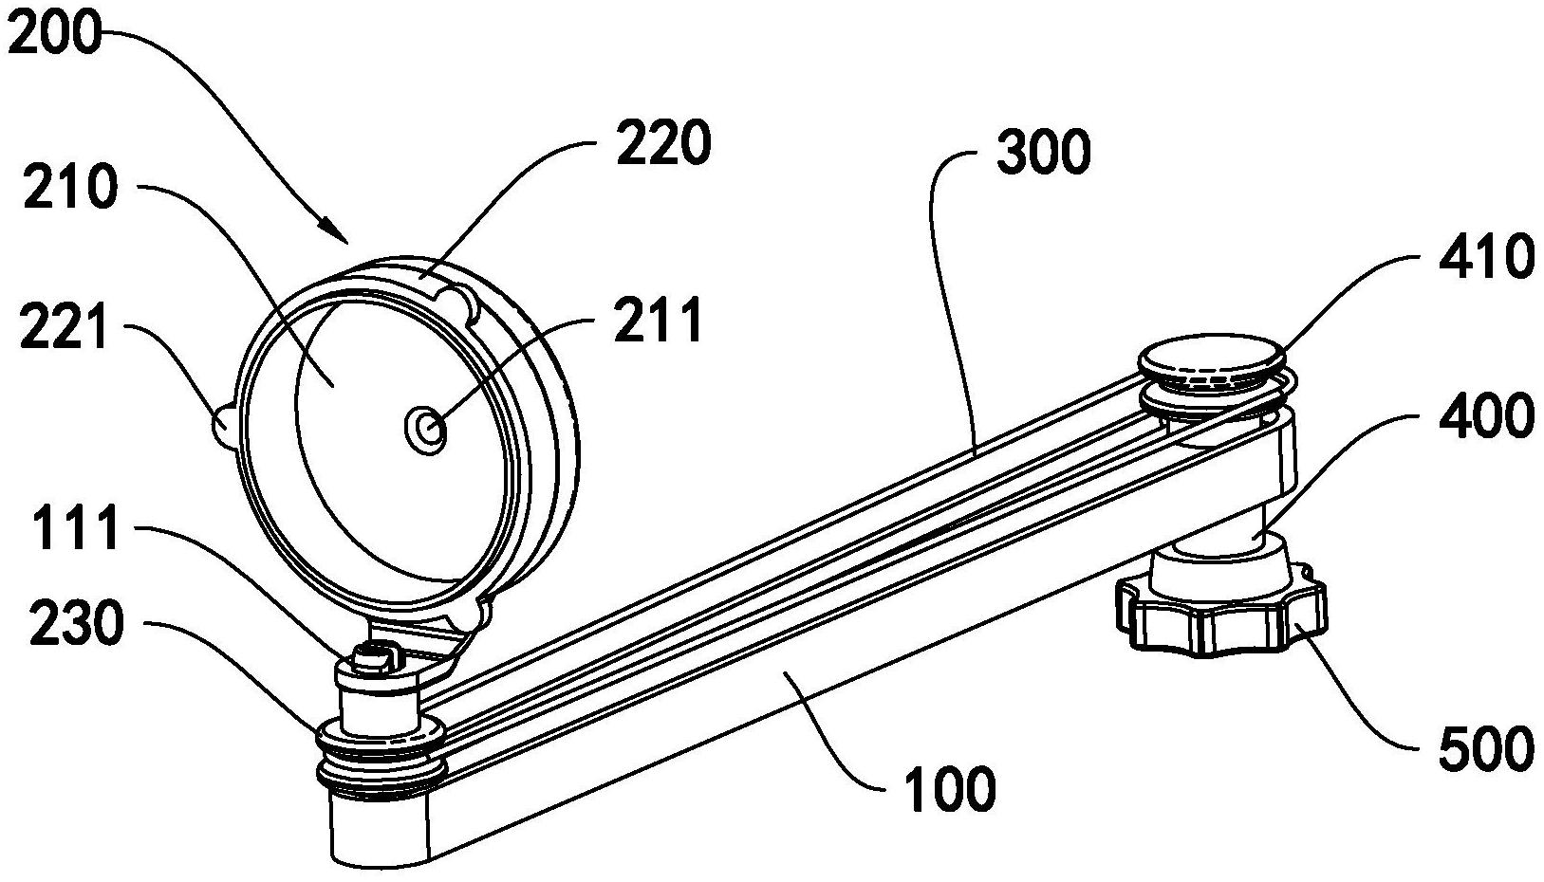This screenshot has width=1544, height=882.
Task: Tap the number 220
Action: point(663,142)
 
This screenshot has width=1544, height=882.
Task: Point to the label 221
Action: point(64,329)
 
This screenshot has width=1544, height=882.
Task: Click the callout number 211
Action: point(659,320)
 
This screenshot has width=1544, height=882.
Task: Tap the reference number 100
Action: point(951,787)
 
